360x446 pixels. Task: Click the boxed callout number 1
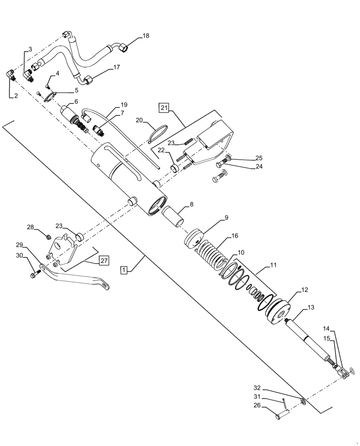124,270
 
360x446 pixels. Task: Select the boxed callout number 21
164,108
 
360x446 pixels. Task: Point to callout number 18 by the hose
146,35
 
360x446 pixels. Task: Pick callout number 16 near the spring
234,236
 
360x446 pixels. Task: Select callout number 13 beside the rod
311,307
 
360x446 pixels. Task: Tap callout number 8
191,205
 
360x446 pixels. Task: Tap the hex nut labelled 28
47,236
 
